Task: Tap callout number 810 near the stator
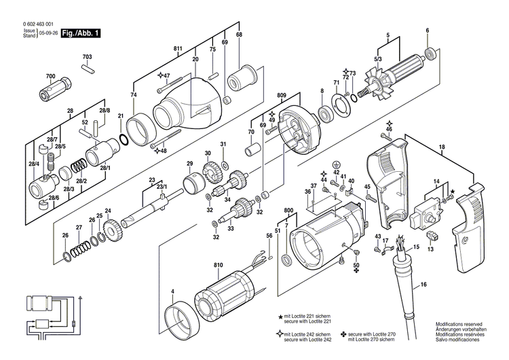coord(218,265)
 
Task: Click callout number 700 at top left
coord(50,75)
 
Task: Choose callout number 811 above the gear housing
coord(178,49)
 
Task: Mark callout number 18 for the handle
coord(442,147)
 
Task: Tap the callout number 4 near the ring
coord(173,292)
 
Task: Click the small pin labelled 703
coord(88,67)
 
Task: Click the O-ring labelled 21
coord(123,141)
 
